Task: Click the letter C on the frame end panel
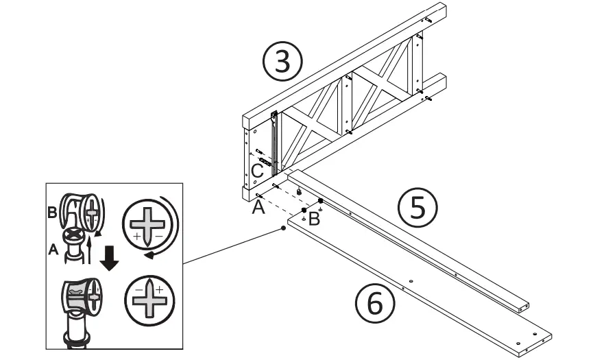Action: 256,169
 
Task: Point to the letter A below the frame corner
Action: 258,206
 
